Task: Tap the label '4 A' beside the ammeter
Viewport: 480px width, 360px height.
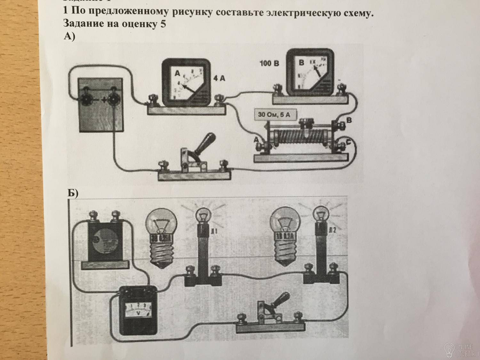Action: (x=219, y=78)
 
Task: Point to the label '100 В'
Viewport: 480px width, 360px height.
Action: (x=269, y=63)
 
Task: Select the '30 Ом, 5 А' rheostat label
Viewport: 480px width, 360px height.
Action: (x=274, y=115)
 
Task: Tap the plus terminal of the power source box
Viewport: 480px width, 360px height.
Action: (x=112, y=100)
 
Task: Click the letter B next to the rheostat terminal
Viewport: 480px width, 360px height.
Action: (x=349, y=120)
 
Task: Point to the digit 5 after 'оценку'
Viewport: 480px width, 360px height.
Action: (x=163, y=24)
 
